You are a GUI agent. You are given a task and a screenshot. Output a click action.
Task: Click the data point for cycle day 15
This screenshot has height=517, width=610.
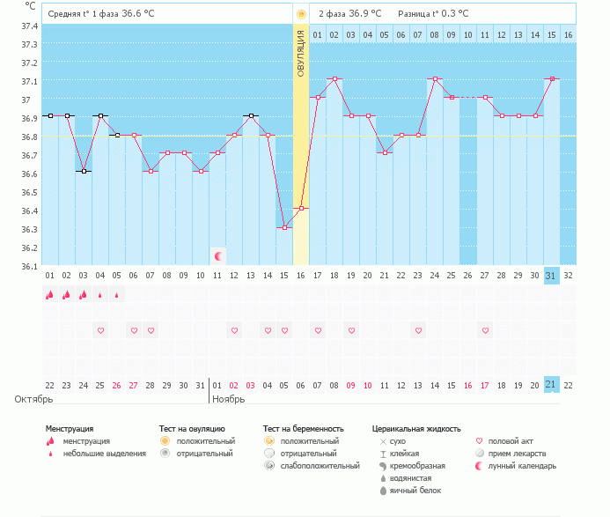[x=284, y=227]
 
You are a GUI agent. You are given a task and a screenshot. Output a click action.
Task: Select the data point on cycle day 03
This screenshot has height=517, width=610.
[x=84, y=171]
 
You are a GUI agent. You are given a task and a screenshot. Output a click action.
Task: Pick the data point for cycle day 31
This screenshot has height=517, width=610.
[x=552, y=78]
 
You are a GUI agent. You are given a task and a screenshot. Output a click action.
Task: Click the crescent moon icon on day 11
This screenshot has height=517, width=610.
[x=218, y=256]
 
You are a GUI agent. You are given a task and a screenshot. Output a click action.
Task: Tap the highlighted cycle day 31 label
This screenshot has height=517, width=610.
[x=552, y=276]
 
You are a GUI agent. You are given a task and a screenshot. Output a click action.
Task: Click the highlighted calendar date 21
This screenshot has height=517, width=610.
[x=552, y=385]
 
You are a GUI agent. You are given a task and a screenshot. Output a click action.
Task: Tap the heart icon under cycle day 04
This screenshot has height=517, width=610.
[x=100, y=330]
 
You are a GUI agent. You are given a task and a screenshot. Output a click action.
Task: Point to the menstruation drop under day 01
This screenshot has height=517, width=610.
[x=50, y=295]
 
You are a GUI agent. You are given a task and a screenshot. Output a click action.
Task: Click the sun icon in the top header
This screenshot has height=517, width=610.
[x=301, y=14]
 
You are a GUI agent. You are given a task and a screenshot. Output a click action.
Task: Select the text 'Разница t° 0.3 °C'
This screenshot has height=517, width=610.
[x=433, y=14]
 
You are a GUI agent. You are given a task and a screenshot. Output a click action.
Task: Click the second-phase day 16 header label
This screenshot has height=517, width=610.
[x=569, y=34]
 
